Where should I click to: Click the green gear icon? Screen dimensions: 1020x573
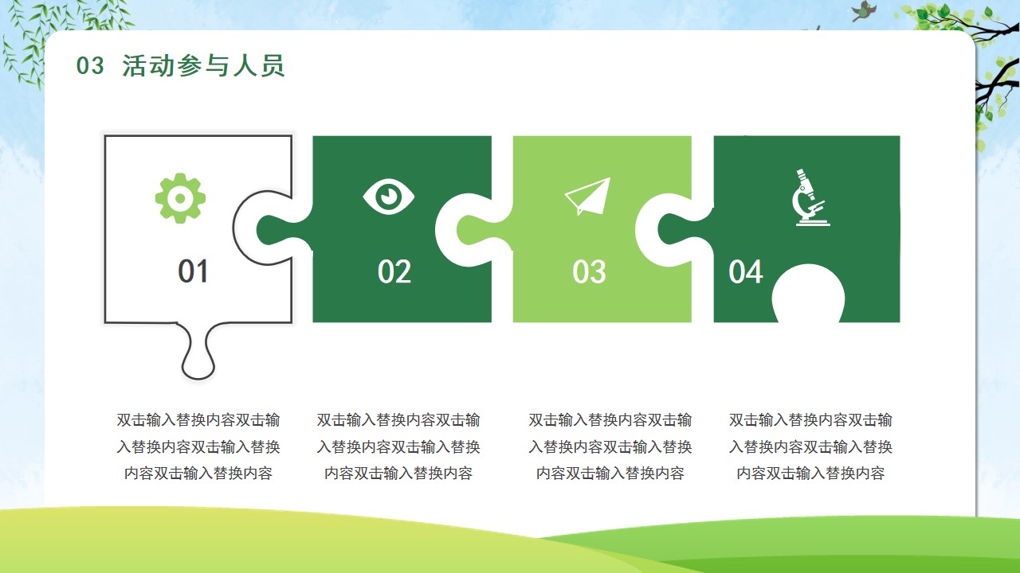pyautogui.click(x=180, y=198)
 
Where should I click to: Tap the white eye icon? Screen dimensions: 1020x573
pyautogui.click(x=388, y=197)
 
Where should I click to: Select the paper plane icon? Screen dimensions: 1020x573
pyautogui.click(x=587, y=196)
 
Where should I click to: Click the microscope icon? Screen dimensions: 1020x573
pyautogui.click(x=810, y=197)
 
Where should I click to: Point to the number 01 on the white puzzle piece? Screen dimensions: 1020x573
pyautogui.click(x=193, y=271)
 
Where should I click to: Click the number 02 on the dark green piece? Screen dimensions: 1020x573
pyautogui.click(x=394, y=272)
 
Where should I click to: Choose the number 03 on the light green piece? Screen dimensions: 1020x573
pyautogui.click(x=589, y=272)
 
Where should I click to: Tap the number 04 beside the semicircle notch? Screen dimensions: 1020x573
pyautogui.click(x=745, y=272)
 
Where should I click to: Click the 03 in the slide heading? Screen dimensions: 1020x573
pyautogui.click(x=90, y=65)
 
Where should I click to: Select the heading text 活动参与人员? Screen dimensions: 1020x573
pyautogui.click(x=203, y=65)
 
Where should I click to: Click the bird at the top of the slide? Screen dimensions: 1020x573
pyautogui.click(x=863, y=11)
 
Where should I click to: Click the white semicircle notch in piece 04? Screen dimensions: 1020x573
pyautogui.click(x=808, y=294)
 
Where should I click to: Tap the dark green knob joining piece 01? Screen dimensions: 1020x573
pyautogui.click(x=281, y=230)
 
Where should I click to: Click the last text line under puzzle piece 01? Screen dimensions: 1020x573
pyautogui.click(x=198, y=474)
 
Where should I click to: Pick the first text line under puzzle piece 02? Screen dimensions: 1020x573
pyautogui.click(x=398, y=419)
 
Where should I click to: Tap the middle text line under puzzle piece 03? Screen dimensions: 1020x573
pyautogui.click(x=610, y=446)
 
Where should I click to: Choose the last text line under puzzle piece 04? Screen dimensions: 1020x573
pyautogui.click(x=810, y=474)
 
